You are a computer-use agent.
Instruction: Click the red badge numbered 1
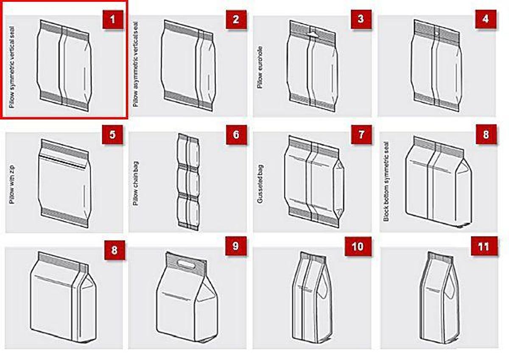click(x=113, y=19)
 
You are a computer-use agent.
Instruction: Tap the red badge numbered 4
click(x=486, y=19)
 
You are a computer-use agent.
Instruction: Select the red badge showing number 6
click(x=236, y=135)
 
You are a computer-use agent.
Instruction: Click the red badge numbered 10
click(x=358, y=246)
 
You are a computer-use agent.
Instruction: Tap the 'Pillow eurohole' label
click(x=260, y=68)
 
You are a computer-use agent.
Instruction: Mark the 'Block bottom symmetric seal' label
click(x=386, y=181)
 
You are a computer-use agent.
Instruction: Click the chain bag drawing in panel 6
click(x=188, y=182)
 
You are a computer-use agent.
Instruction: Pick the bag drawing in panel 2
click(x=187, y=66)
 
